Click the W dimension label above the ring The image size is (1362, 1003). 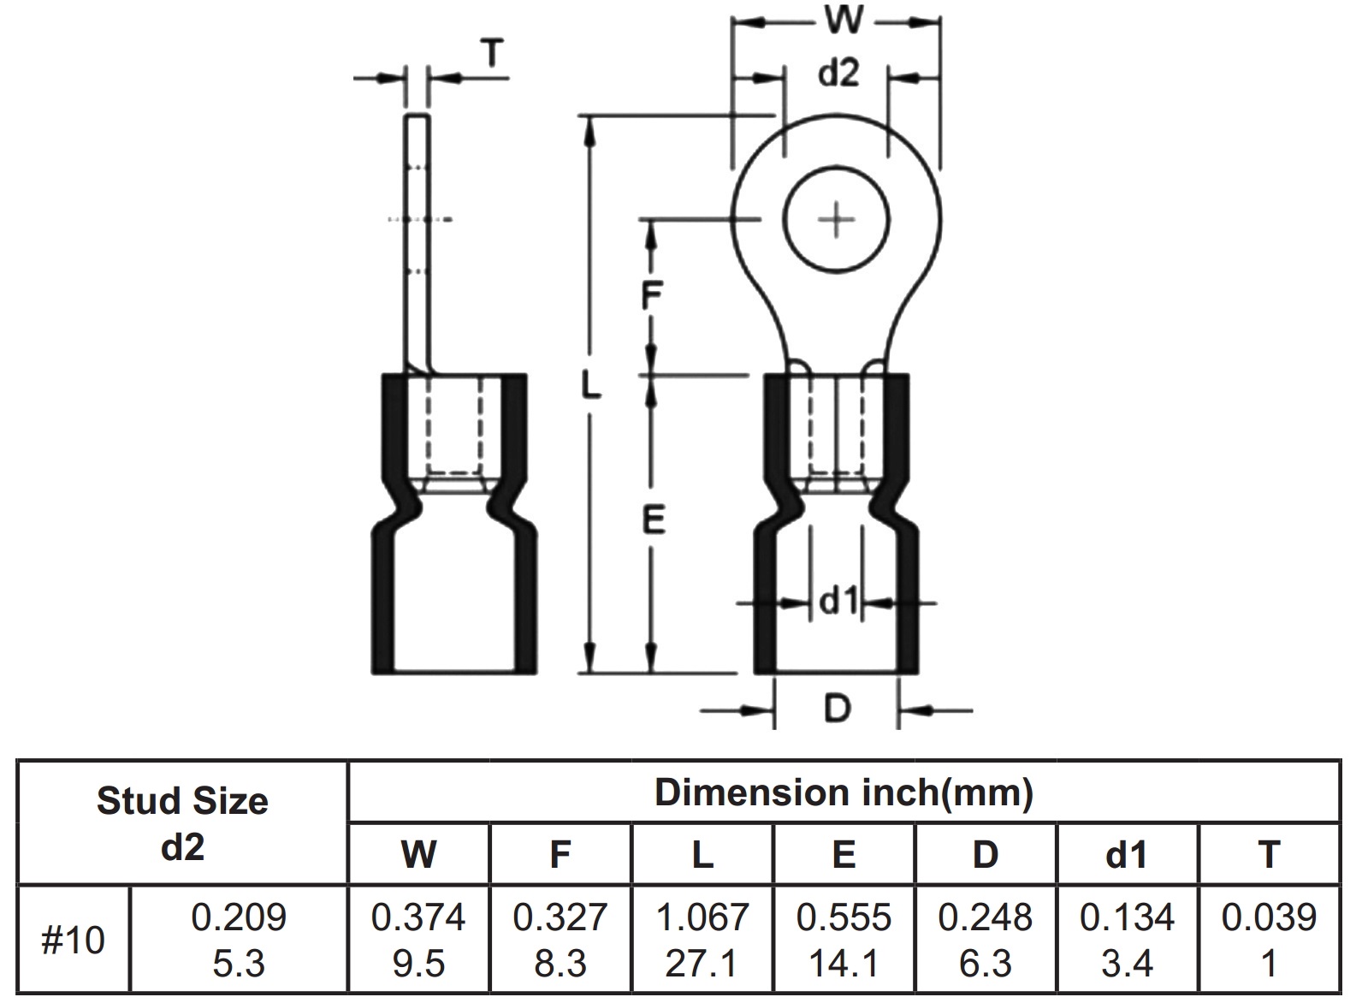pyautogui.click(x=843, y=19)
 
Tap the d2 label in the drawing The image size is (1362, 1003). pyautogui.click(x=838, y=74)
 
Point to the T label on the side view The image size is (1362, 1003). pyautogui.click(x=491, y=54)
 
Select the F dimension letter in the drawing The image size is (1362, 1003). pyautogui.click(x=652, y=296)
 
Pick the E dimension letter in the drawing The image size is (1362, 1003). pyautogui.click(x=653, y=519)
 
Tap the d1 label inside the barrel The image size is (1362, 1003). pyautogui.click(x=838, y=602)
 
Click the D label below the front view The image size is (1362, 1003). pyautogui.click(x=837, y=709)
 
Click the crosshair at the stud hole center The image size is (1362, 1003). pyautogui.click(x=837, y=221)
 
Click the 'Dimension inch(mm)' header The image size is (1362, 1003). pyautogui.click(x=844, y=792)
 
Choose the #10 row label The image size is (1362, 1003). pyautogui.click(x=73, y=941)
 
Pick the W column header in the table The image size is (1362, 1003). pyautogui.click(x=418, y=854)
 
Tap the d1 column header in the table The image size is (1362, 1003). pyautogui.click(x=1127, y=854)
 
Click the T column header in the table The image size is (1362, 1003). pyautogui.click(x=1269, y=854)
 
